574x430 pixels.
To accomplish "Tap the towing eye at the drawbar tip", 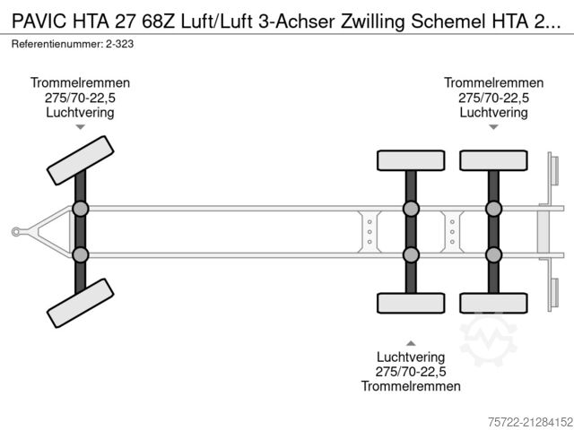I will pyautogui.click(x=16, y=232).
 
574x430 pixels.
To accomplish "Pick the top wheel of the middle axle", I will pyautogui.click(x=410, y=160).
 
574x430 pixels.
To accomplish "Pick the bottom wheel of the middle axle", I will pyautogui.click(x=410, y=303).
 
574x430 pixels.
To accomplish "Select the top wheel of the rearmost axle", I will pyautogui.click(x=492, y=160).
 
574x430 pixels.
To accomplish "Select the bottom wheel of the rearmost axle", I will pyautogui.click(x=492, y=303).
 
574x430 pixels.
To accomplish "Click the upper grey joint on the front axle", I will pyautogui.click(x=81, y=210).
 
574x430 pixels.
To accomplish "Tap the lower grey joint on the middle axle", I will pyautogui.click(x=411, y=255).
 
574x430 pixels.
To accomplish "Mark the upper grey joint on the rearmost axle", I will pyautogui.click(x=493, y=210).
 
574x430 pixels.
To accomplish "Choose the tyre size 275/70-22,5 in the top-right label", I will pyautogui.click(x=493, y=98).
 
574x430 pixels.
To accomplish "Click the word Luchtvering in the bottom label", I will pyautogui.click(x=411, y=357).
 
